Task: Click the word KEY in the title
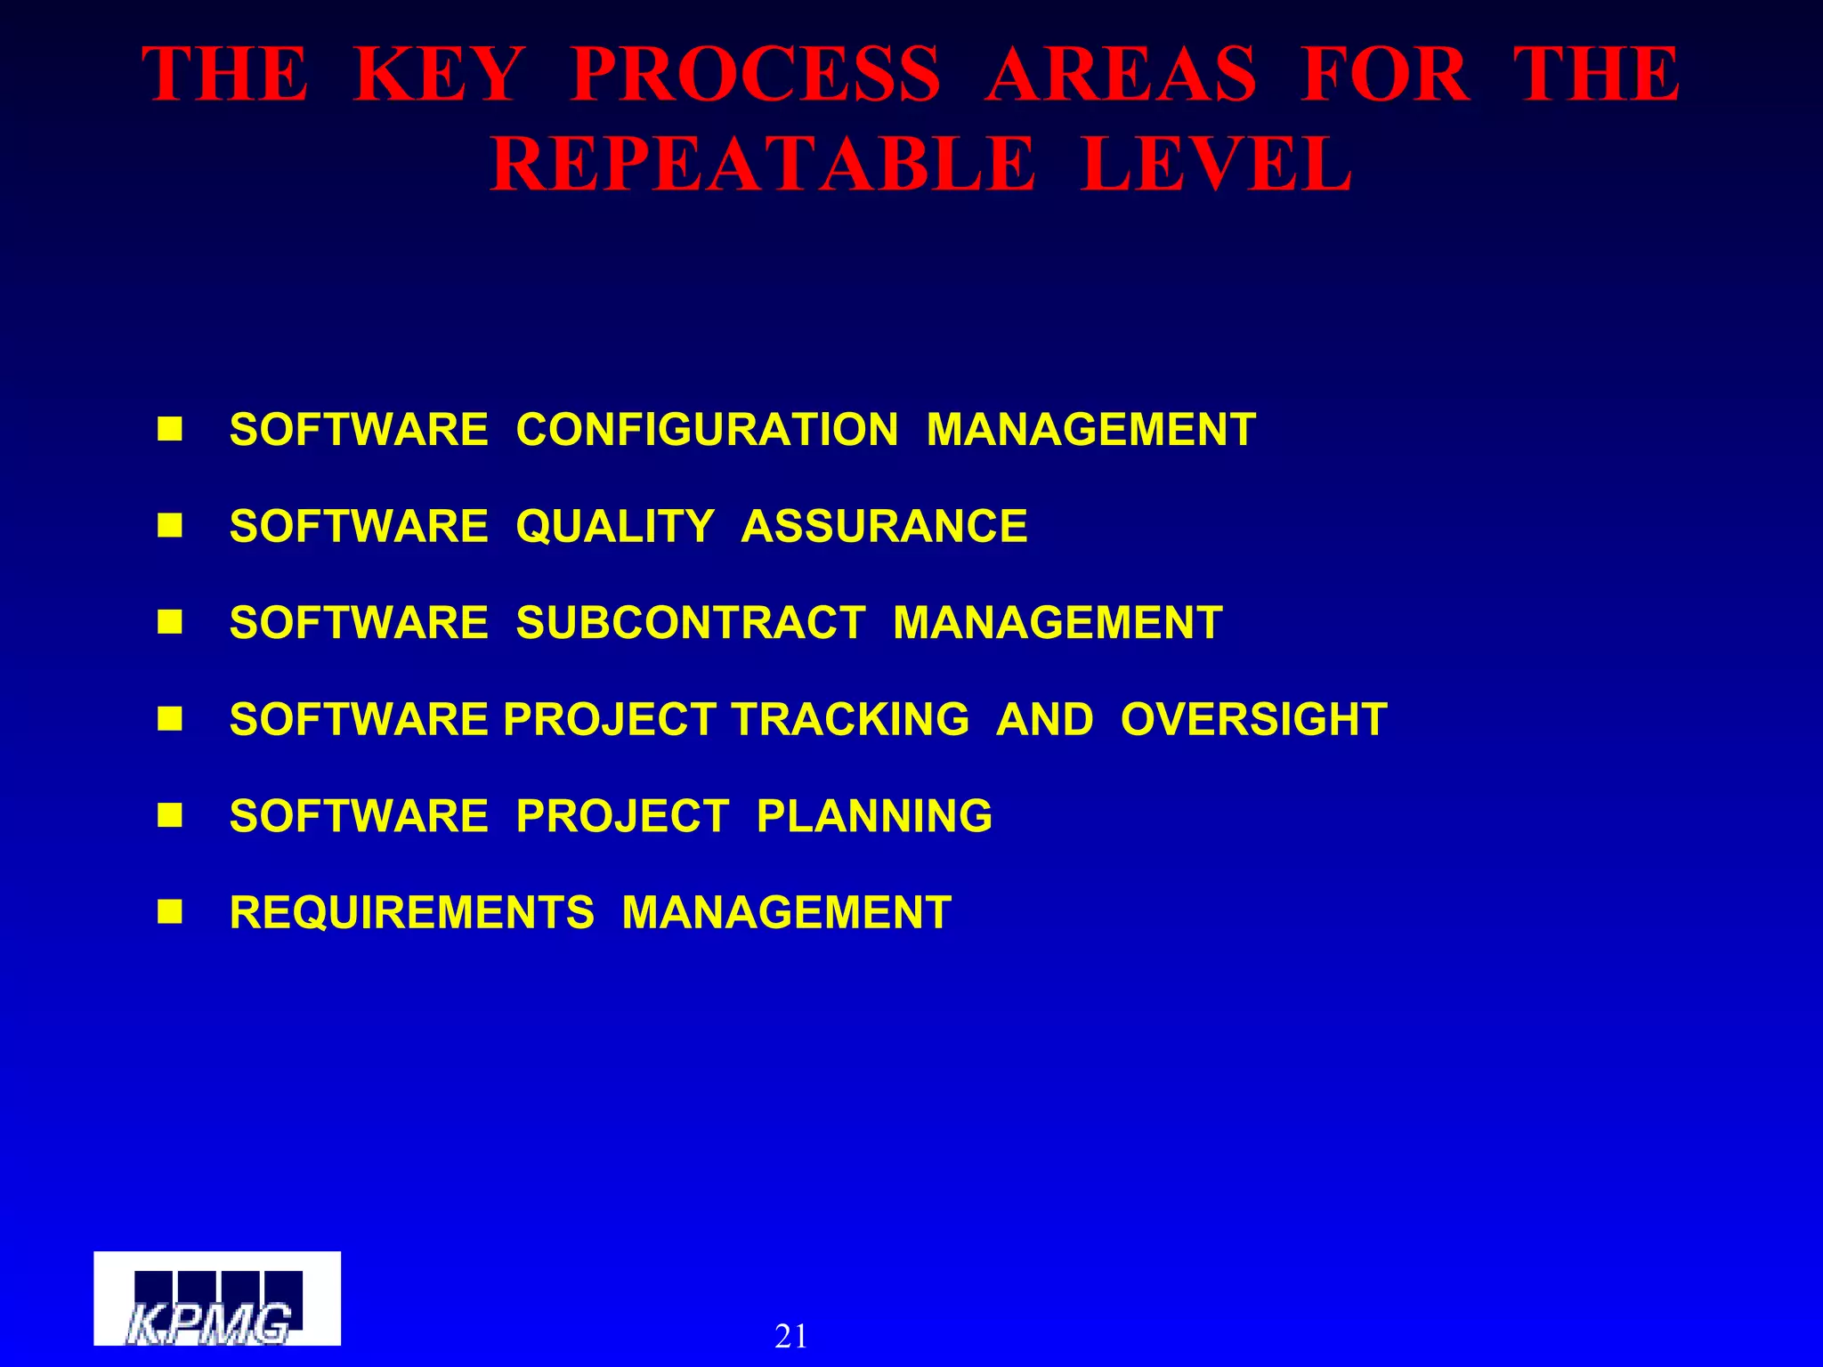(438, 75)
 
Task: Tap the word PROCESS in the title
(755, 75)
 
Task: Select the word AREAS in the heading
(1121, 75)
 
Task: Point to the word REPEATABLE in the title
(763, 165)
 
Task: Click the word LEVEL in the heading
(1216, 165)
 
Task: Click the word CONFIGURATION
(707, 430)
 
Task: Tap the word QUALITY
(615, 526)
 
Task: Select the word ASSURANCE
(884, 526)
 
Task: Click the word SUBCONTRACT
(691, 623)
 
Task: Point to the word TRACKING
(850, 719)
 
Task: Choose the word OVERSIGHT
(1253, 719)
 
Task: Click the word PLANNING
(874, 816)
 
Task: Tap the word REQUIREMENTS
(412, 913)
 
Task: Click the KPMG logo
(217, 1298)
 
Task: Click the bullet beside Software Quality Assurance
(169, 526)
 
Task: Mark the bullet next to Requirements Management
(169, 912)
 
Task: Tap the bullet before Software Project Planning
(169, 815)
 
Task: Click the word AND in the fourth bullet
(1045, 719)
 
